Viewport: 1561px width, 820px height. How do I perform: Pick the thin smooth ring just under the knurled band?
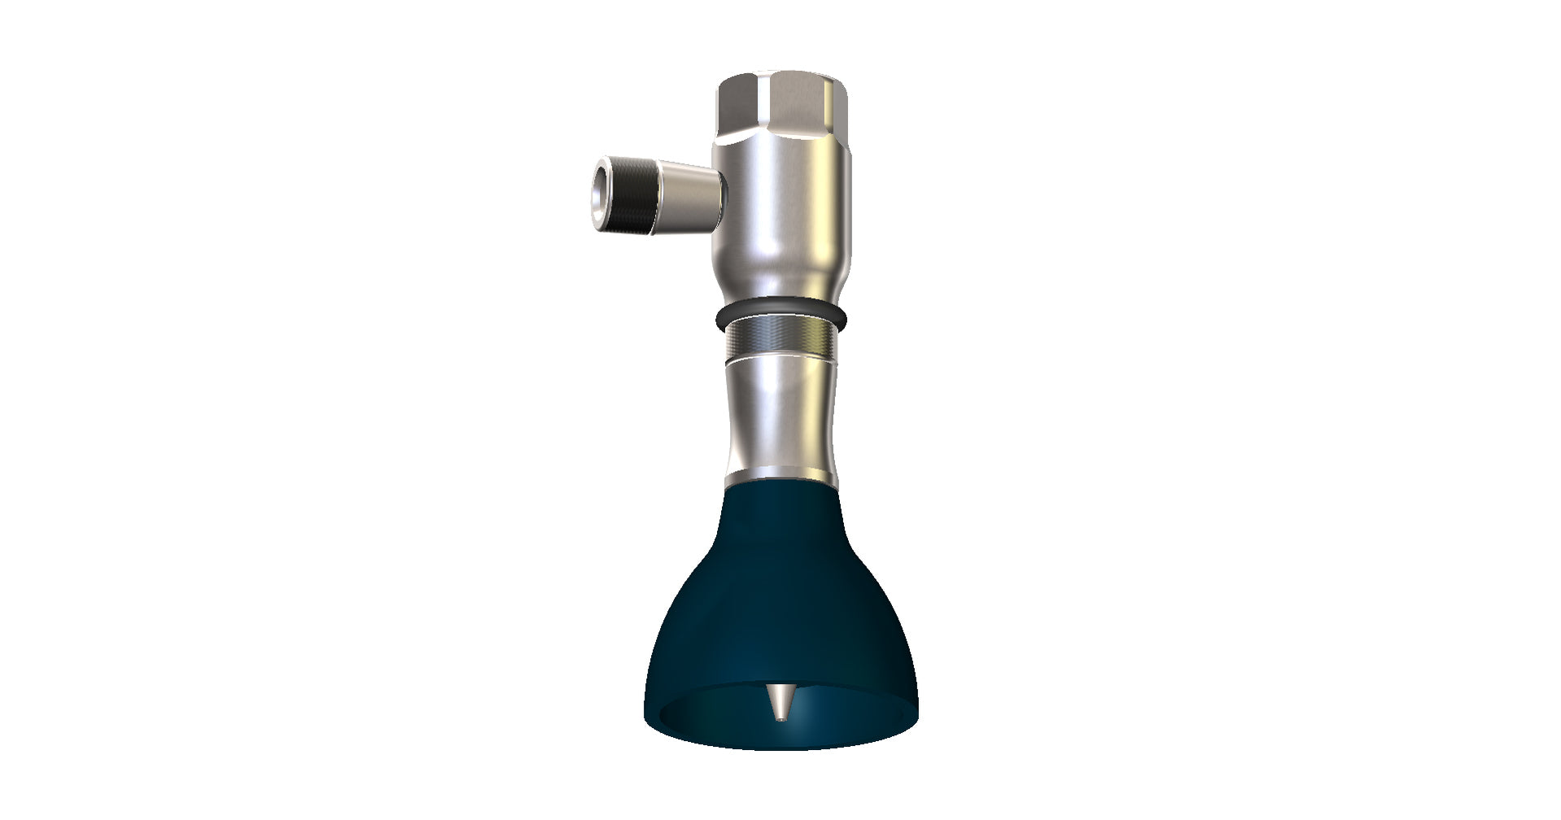pyautogui.click(x=780, y=356)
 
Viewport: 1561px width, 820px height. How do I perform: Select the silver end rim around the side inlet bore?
pyautogui.click(x=592, y=195)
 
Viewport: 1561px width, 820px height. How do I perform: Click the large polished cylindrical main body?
pyautogui.click(x=781, y=212)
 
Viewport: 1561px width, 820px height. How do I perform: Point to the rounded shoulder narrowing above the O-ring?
pyautogui.click(x=781, y=285)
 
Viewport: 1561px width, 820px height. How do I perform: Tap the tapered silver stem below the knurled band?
pyautogui.click(x=780, y=415)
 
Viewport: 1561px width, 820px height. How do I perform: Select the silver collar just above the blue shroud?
pyautogui.click(x=780, y=476)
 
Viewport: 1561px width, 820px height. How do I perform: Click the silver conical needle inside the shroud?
pyautogui.click(x=780, y=701)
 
